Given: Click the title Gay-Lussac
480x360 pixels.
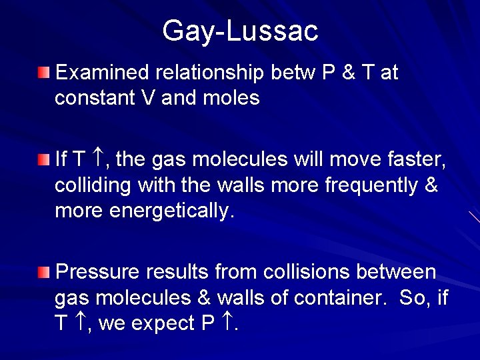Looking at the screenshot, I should click(x=240, y=31).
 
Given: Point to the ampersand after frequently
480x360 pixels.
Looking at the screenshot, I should click(x=430, y=185).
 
